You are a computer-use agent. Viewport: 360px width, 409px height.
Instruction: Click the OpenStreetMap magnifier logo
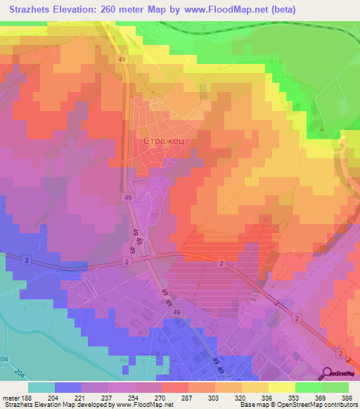(x=328, y=374)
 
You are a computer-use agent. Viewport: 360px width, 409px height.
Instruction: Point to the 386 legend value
(x=347, y=397)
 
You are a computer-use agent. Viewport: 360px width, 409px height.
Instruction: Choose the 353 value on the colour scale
(x=276, y=397)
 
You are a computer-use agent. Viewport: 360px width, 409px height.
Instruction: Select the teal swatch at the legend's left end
(x=41, y=387)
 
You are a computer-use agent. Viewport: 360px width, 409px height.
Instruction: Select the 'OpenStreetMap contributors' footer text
(x=320, y=405)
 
